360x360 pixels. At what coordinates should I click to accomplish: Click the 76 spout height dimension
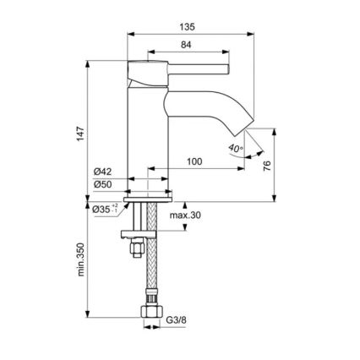coord(267,166)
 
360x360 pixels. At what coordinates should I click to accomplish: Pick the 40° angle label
coord(235,149)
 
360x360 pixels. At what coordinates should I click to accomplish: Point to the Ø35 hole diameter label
coord(102,208)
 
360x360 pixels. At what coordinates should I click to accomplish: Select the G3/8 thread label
coord(175,321)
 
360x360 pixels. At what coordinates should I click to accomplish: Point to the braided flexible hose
coord(150,262)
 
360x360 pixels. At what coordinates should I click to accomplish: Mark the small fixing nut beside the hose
coord(132,250)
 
